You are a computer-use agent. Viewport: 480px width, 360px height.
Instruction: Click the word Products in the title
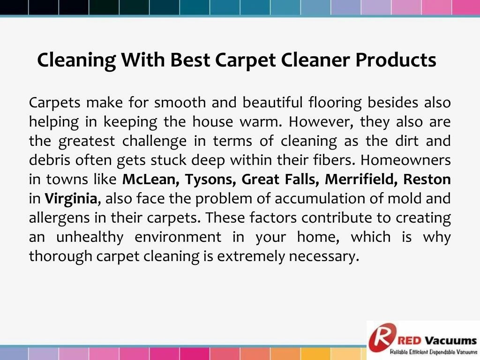(x=396, y=60)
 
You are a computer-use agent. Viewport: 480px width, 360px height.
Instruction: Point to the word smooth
(x=180, y=102)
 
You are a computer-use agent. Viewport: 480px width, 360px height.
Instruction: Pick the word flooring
(x=335, y=102)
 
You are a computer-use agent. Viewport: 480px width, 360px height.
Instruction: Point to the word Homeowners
(x=405, y=160)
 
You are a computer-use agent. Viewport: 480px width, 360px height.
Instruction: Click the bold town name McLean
(x=150, y=180)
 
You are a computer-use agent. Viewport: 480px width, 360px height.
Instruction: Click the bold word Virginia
(x=71, y=199)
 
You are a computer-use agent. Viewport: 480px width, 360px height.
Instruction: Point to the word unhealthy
(x=90, y=237)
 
